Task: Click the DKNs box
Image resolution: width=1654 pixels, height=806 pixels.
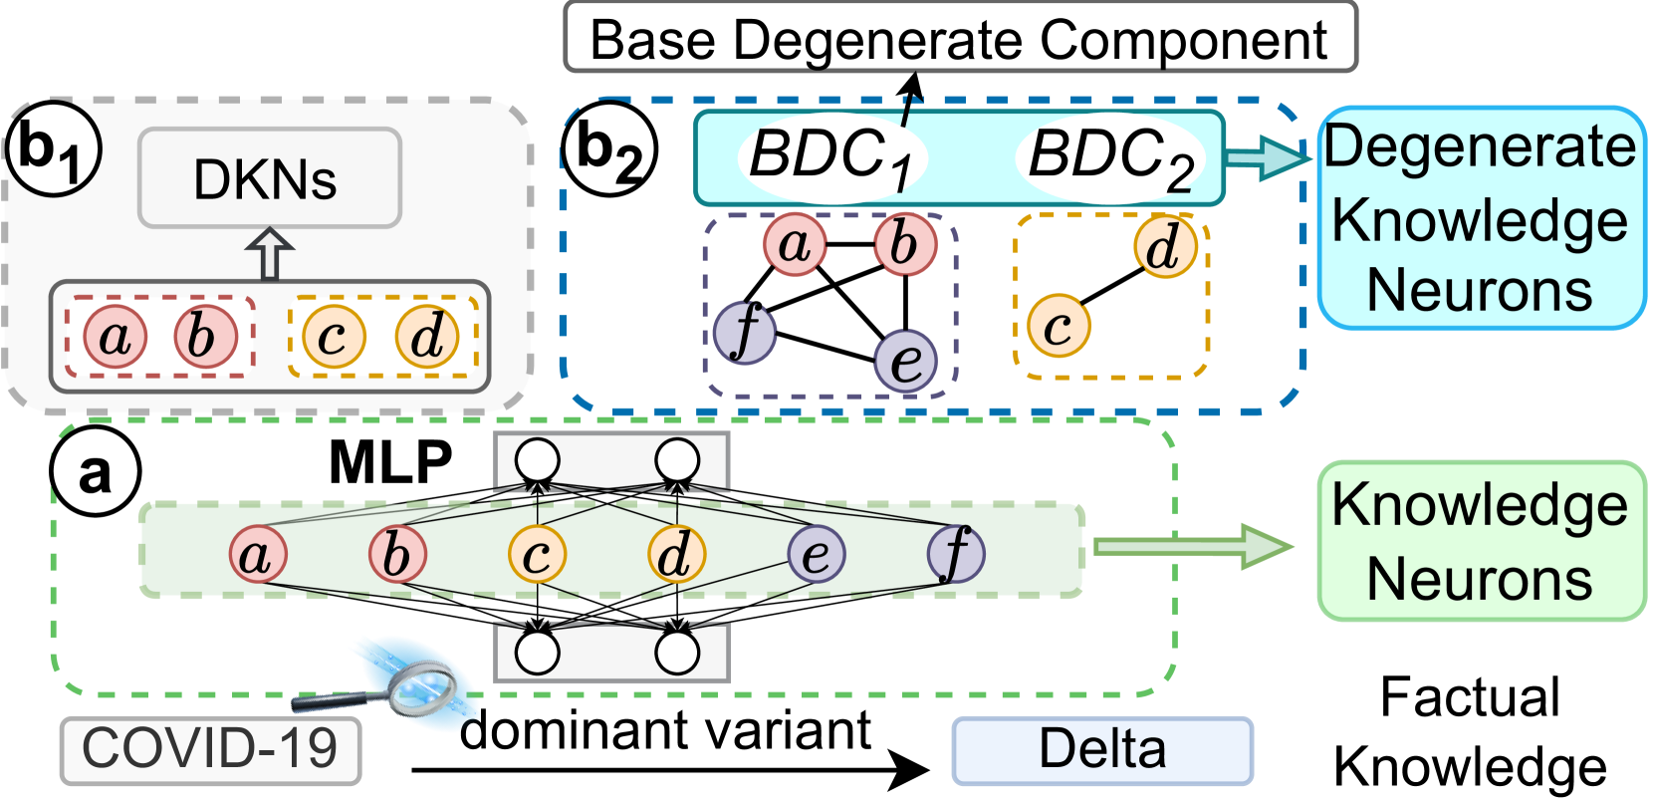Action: [x=269, y=178]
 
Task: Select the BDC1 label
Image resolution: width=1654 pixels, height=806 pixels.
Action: [x=830, y=157]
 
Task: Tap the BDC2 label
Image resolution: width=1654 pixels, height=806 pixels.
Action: [x=1109, y=157]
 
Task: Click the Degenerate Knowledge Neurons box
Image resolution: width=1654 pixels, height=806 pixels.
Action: [x=1480, y=218]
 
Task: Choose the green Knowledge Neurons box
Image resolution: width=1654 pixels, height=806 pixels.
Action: [x=1480, y=541]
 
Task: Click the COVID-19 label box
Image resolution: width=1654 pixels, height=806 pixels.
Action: [x=210, y=749]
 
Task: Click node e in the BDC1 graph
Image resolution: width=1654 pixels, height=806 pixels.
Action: [x=905, y=360]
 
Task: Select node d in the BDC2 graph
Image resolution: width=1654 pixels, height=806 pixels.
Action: [x=1164, y=246]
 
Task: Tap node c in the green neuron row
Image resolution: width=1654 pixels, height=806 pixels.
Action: [x=537, y=554]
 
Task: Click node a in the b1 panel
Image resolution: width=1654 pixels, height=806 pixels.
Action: [x=115, y=337]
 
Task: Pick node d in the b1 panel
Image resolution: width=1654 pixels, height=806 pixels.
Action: [x=427, y=337]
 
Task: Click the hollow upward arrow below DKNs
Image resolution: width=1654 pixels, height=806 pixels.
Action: [x=270, y=255]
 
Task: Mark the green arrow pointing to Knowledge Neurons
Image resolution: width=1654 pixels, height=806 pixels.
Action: [x=1192, y=546]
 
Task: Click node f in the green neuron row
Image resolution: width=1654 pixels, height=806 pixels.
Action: [x=955, y=554]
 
